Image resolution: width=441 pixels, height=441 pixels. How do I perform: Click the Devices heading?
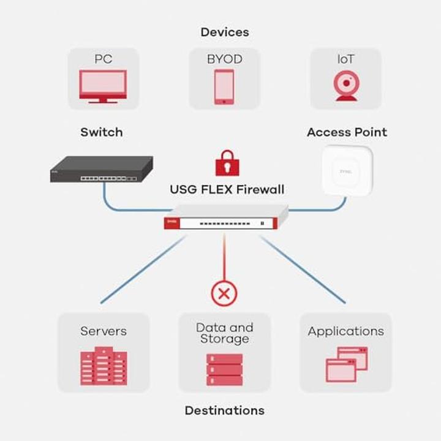click(225, 32)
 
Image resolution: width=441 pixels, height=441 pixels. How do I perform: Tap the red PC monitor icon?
click(103, 86)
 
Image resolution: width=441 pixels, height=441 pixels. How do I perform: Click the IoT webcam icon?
click(345, 86)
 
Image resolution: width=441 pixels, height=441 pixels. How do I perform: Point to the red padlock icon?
click(227, 162)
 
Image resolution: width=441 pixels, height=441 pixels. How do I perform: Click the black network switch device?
click(101, 170)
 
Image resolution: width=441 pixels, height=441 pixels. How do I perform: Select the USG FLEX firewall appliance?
click(225, 219)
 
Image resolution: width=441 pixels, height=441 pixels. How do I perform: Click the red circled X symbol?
click(224, 293)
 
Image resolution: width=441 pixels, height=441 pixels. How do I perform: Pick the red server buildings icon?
click(103, 366)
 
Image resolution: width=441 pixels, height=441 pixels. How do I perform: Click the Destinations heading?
click(225, 410)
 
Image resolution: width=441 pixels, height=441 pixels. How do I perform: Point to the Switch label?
click(102, 132)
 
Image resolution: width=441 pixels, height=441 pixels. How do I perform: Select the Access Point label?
click(347, 132)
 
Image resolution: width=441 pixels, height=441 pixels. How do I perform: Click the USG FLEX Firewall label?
click(227, 190)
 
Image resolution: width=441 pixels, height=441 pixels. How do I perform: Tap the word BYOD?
click(224, 59)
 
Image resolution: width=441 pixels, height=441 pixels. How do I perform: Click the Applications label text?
click(346, 331)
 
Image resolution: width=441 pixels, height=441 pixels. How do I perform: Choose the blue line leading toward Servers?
click(142, 270)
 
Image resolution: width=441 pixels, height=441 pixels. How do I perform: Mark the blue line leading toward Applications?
click(303, 270)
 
